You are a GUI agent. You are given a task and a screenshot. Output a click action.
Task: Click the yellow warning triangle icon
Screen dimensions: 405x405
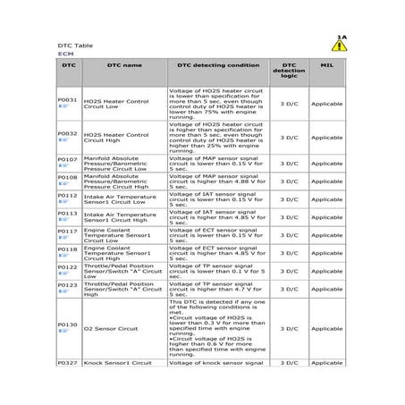click(339, 46)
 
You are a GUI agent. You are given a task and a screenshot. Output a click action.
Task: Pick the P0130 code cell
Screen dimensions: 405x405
click(67, 324)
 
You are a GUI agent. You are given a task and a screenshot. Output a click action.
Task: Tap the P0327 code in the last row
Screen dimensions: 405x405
click(67, 362)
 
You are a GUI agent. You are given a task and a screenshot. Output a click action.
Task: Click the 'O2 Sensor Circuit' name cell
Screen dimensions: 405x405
click(110, 328)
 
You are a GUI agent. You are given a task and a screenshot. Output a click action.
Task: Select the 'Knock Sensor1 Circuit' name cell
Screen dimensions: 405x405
click(117, 362)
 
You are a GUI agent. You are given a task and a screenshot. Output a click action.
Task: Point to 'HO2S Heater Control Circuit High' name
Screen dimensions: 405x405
click(116, 137)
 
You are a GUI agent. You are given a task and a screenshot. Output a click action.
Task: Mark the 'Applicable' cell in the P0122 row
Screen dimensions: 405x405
click(327, 271)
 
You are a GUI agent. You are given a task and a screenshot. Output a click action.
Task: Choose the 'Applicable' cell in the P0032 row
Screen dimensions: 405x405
click(327, 137)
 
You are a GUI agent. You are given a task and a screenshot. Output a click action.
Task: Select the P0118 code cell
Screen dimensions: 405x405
click(67, 249)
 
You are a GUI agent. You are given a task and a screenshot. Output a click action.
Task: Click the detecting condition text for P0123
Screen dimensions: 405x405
click(218, 289)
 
